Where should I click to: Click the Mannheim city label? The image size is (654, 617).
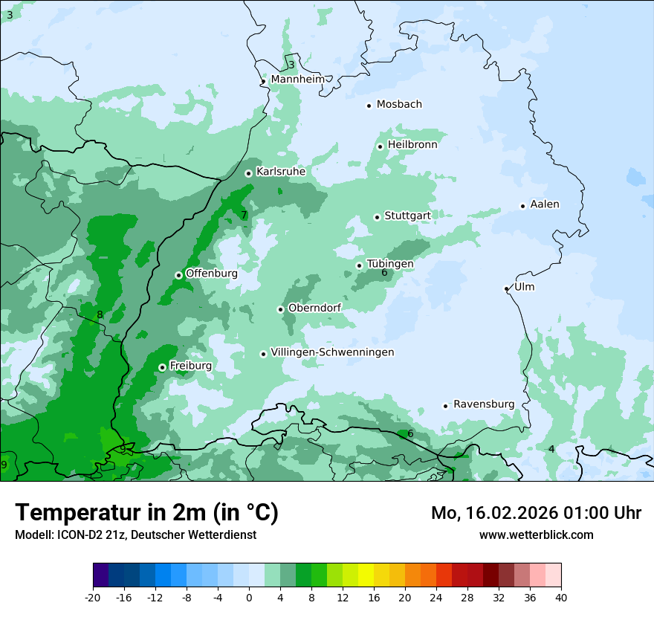point(297,80)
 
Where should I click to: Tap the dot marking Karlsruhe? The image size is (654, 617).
point(248,173)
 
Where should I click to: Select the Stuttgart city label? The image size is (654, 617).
point(407,216)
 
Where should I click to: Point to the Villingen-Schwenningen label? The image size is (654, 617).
point(332,352)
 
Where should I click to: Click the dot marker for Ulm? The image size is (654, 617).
point(506,288)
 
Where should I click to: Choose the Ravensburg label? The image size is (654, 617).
point(484,404)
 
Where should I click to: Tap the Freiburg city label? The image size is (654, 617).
point(190,366)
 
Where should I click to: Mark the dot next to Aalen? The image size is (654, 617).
point(522,206)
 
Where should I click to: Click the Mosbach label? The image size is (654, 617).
point(399,105)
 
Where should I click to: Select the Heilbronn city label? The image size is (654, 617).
point(412,145)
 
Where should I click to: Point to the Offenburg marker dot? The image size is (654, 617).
point(178,275)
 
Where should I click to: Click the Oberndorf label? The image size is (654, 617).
point(314,308)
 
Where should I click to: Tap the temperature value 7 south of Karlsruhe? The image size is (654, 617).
point(244,216)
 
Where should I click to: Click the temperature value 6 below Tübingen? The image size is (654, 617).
point(384,273)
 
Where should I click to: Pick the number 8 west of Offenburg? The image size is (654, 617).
point(100,315)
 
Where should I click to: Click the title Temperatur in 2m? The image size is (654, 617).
point(147,512)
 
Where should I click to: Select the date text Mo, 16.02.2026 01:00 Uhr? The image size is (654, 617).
point(536,513)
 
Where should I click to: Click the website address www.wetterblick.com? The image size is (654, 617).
point(536,534)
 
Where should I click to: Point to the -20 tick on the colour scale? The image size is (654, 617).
point(93,597)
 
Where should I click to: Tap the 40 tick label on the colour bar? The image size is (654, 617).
point(560,597)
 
